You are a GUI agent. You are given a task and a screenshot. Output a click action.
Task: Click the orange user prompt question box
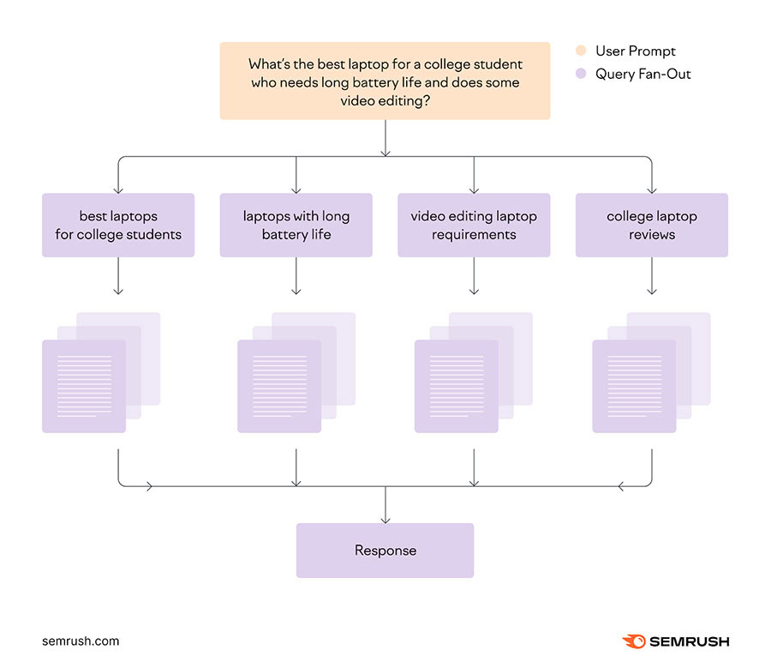point(385,81)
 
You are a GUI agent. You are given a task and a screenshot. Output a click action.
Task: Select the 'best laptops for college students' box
point(118,225)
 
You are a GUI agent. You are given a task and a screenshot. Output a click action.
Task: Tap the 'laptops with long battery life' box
point(296,225)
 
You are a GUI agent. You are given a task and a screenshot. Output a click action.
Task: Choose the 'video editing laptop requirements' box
point(474,225)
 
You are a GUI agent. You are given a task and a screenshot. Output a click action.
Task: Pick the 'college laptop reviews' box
point(652,225)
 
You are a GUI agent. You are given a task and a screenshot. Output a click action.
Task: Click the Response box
point(385,551)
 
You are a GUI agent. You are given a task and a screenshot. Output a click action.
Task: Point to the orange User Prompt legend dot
point(581,51)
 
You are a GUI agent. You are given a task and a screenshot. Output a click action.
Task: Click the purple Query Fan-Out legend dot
point(581,74)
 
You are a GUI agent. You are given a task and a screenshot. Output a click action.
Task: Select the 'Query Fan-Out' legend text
point(643,74)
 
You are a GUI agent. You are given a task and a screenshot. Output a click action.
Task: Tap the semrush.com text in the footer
point(81,641)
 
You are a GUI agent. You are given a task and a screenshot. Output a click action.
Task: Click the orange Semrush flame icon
point(634,641)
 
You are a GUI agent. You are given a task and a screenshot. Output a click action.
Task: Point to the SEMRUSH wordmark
point(690,641)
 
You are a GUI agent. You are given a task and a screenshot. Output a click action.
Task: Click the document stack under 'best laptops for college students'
point(101,373)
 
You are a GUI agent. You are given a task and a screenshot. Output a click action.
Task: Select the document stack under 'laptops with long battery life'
point(296,373)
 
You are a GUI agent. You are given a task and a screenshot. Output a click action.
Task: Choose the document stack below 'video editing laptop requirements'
point(474,373)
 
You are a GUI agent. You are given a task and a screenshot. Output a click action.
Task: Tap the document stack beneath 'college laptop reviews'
point(652,373)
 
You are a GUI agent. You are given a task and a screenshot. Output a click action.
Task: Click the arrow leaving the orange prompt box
point(385,138)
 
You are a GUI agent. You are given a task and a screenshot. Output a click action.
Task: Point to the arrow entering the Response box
point(385,505)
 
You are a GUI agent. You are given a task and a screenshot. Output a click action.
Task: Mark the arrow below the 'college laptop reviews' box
point(652,276)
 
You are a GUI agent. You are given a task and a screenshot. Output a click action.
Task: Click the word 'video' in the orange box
point(357,101)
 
